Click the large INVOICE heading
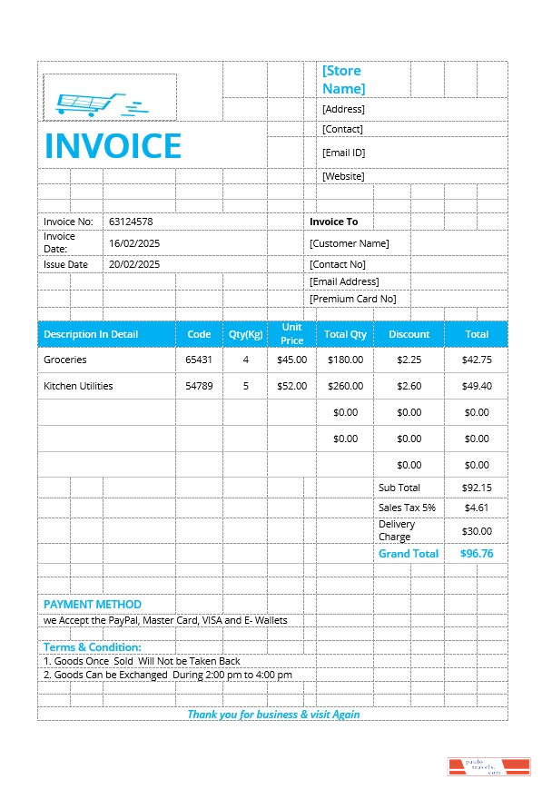(x=113, y=146)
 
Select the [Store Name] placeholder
(x=343, y=79)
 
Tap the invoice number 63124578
(x=131, y=222)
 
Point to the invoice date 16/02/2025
(x=134, y=243)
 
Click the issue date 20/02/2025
(x=134, y=264)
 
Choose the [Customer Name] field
(x=349, y=243)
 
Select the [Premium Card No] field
(x=352, y=299)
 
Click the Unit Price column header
(x=291, y=333)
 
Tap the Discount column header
(x=409, y=334)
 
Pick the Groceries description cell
(x=65, y=360)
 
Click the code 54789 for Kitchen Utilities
(x=199, y=386)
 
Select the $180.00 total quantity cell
(x=345, y=360)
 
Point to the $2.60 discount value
(x=409, y=386)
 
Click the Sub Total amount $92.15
(x=477, y=488)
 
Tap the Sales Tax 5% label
(x=407, y=508)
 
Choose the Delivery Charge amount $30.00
(x=477, y=531)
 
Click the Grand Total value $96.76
(x=477, y=553)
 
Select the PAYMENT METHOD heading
(x=93, y=604)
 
